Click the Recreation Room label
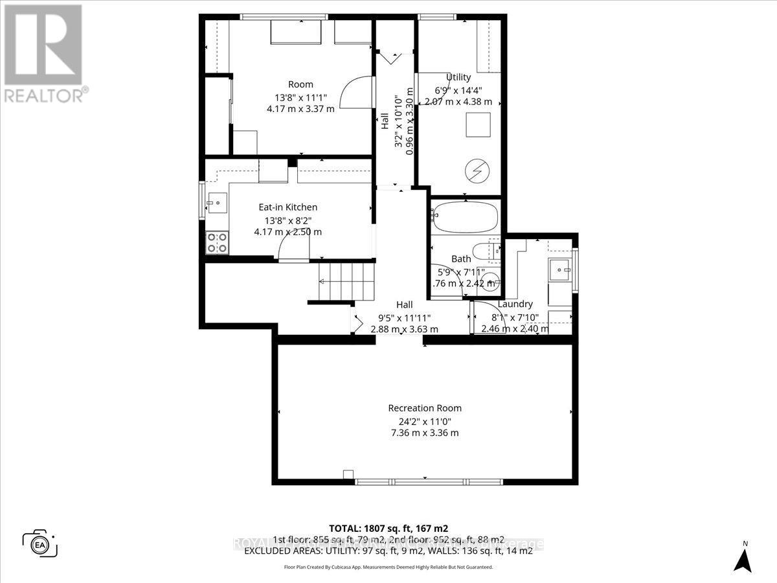tap(425, 408)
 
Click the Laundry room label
tap(515, 304)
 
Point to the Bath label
tap(461, 259)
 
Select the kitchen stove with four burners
tap(216, 243)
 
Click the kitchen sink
tap(216, 204)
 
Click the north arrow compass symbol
tap(745, 559)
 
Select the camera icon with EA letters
tap(39, 543)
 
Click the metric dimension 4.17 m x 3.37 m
tap(300, 109)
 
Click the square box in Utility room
tap(479, 124)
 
